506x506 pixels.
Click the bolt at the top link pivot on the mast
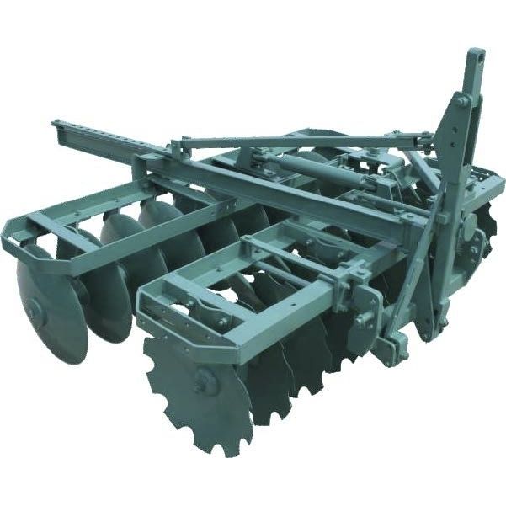point(464,102)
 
